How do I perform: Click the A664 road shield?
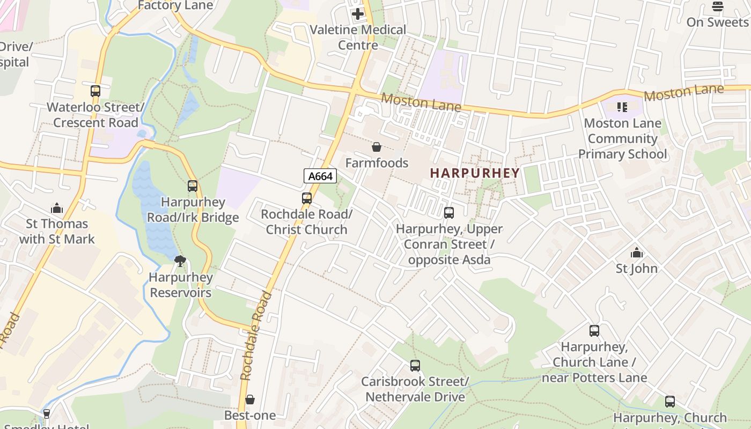click(x=320, y=176)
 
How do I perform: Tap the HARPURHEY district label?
click(x=475, y=173)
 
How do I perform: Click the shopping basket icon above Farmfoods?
click(x=377, y=147)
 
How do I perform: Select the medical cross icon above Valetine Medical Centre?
click(x=358, y=14)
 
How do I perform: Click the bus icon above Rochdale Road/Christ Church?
click(x=307, y=198)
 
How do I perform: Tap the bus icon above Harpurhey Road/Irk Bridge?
click(x=193, y=186)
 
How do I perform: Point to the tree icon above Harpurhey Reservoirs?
click(x=180, y=261)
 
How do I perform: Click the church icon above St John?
click(x=637, y=252)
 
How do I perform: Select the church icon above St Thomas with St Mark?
click(x=57, y=208)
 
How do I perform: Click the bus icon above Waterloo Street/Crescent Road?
click(x=95, y=91)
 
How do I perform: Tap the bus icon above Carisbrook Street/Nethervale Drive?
click(x=415, y=366)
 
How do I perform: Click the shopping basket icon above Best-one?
click(x=250, y=400)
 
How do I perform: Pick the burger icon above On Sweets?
click(x=717, y=6)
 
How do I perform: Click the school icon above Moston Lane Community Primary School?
click(x=622, y=107)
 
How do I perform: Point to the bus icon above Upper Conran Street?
click(x=449, y=213)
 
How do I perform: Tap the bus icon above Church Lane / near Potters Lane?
click(x=594, y=331)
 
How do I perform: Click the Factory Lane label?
click(x=175, y=5)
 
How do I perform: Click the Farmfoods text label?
click(x=377, y=163)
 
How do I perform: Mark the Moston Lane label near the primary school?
click(x=683, y=93)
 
